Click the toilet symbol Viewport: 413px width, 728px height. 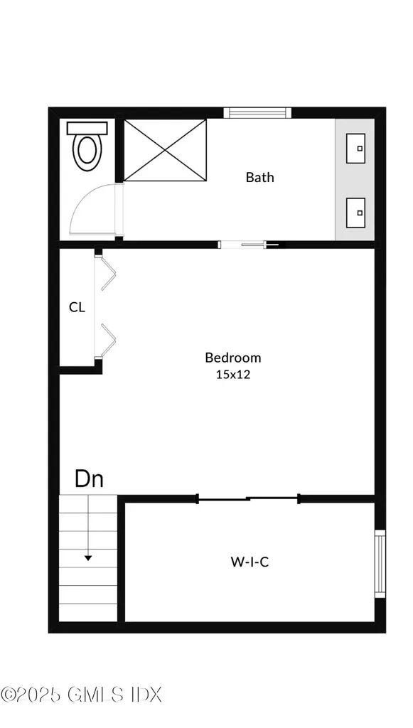click(x=87, y=146)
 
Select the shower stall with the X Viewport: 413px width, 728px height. click(x=165, y=150)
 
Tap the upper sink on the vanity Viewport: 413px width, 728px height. click(x=355, y=148)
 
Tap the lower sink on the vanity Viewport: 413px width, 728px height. click(x=355, y=213)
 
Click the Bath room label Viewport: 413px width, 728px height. click(x=260, y=177)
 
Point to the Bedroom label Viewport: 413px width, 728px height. click(x=233, y=358)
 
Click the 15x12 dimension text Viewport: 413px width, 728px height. click(x=233, y=374)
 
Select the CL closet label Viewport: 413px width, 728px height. click(x=77, y=307)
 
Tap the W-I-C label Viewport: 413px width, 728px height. click(x=250, y=562)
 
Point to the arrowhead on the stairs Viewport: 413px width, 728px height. click(x=87, y=557)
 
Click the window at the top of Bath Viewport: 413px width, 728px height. click(x=257, y=113)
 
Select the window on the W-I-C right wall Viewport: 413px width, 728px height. click(x=380, y=564)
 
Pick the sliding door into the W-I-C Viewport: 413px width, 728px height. click(x=249, y=499)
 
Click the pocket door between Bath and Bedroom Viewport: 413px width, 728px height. click(x=249, y=245)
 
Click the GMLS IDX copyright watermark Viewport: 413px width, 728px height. click(x=81, y=695)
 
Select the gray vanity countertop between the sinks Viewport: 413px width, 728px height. click(x=355, y=180)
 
